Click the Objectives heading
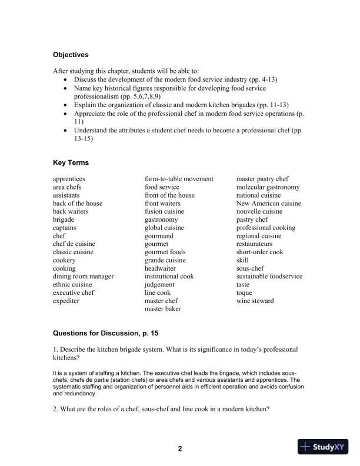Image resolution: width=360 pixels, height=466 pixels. tap(71, 55)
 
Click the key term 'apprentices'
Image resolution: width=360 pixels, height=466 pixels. tap(69, 179)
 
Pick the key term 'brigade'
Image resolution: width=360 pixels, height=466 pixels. tap(64, 219)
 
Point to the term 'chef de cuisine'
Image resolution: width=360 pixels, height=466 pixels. tap(74, 244)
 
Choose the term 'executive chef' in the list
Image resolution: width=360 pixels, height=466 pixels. tap(74, 292)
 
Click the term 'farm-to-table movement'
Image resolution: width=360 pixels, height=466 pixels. tap(179, 179)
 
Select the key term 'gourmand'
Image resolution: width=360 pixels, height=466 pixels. tap(159, 235)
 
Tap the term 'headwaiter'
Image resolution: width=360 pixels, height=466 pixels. tap(161, 268)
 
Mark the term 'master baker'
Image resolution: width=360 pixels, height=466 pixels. tap(163, 309)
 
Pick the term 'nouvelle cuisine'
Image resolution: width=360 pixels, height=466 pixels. tap(259, 211)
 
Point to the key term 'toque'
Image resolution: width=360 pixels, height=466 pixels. tap(244, 292)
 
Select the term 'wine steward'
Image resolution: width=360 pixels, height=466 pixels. tap(255, 301)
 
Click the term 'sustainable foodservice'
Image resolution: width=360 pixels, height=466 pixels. tap(269, 276)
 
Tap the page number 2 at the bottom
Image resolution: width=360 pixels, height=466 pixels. tap(180, 449)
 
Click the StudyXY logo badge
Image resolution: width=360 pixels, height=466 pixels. tap(325, 447)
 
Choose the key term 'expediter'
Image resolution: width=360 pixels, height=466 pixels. tap(66, 301)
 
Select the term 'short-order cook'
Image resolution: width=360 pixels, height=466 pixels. tap(259, 252)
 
